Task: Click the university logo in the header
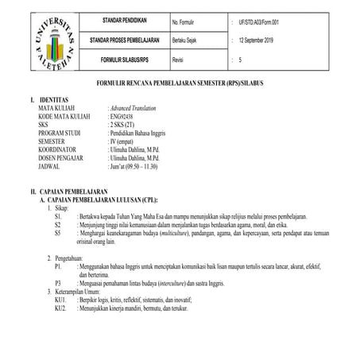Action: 48,40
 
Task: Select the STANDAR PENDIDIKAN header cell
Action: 128,19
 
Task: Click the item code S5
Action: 58,234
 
